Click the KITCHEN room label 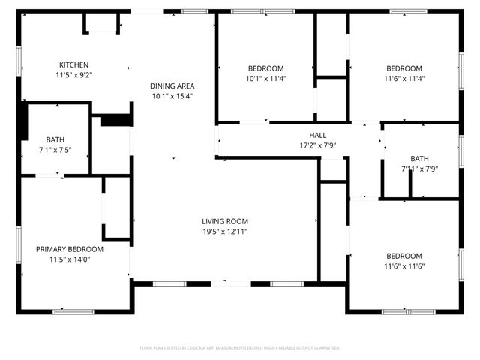(x=73, y=64)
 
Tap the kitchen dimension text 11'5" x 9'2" (x=73, y=75)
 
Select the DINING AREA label (x=172, y=85)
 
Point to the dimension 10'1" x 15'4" (x=172, y=96)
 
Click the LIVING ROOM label (x=224, y=221)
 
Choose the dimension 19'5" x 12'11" (x=224, y=232)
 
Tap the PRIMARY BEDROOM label (x=70, y=249)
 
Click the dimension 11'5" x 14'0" (x=70, y=259)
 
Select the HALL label (x=307, y=135)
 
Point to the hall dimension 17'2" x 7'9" (x=307, y=145)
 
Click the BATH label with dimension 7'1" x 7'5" (x=55, y=139)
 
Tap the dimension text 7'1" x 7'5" (x=55, y=150)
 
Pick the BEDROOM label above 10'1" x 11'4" (x=265, y=67)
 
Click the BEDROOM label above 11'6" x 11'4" (x=403, y=67)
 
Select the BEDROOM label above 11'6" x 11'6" (x=403, y=255)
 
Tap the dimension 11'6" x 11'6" (x=403, y=265)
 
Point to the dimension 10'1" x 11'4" (x=265, y=78)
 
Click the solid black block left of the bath (x=22, y=120)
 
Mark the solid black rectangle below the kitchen (x=115, y=119)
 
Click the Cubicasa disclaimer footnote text (x=240, y=348)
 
